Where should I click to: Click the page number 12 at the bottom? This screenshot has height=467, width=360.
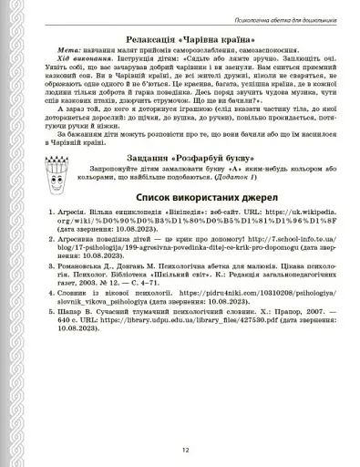click(x=184, y=448)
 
